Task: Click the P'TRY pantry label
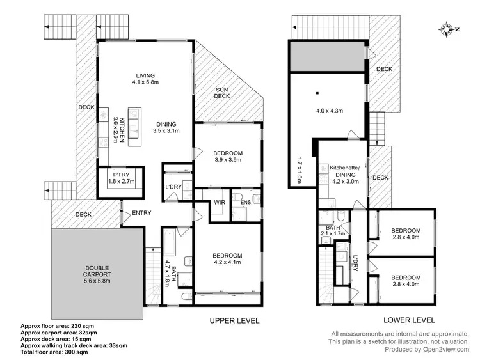pyautogui.click(x=120, y=174)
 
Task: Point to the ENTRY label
pyautogui.click(x=141, y=214)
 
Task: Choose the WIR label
pyautogui.click(x=220, y=203)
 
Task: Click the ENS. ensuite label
pyautogui.click(x=244, y=203)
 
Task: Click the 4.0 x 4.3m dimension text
pyautogui.click(x=330, y=111)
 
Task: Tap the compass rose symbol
pyautogui.click(x=446, y=28)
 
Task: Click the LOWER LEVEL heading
pyautogui.click(x=409, y=320)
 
